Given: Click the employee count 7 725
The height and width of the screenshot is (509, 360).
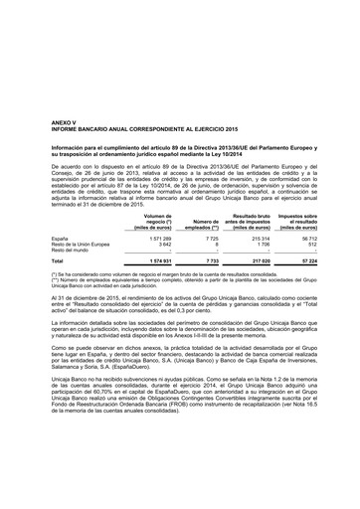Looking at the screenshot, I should [210, 239].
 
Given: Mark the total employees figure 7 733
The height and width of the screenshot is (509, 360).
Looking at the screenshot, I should [210, 260].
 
